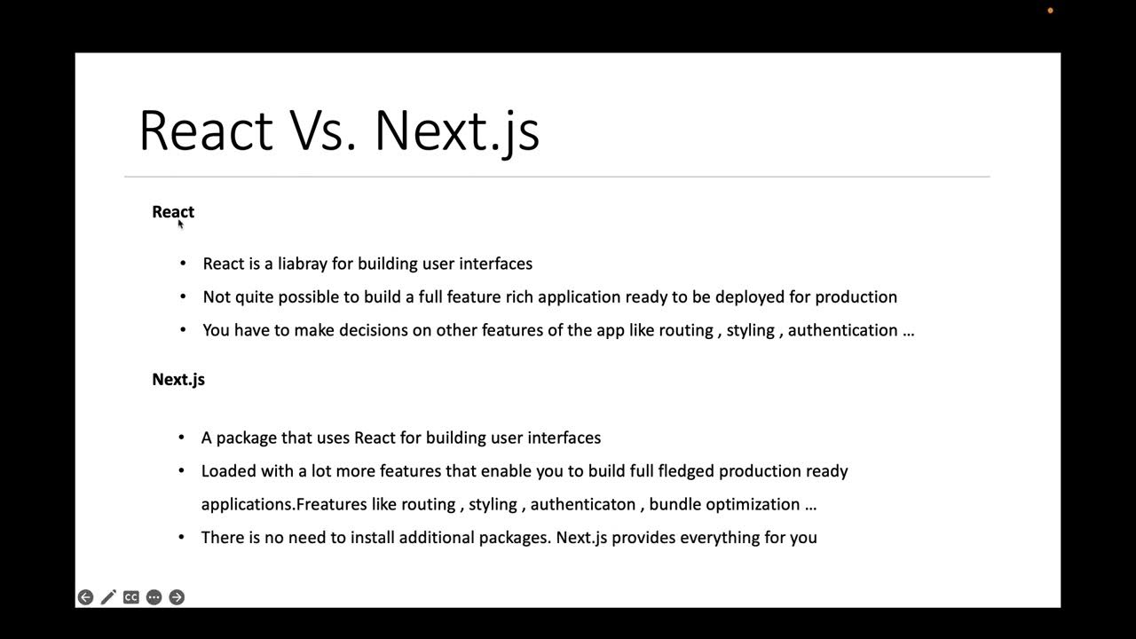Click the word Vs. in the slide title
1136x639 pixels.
322,130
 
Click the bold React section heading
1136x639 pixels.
173,212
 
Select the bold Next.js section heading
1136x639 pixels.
178,380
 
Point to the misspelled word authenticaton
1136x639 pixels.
583,504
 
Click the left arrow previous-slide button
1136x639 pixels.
85,597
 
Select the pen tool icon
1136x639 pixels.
108,597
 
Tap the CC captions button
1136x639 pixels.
131,597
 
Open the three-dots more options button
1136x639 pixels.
154,597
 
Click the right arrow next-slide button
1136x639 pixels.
177,597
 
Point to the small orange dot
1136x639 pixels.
1050,11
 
